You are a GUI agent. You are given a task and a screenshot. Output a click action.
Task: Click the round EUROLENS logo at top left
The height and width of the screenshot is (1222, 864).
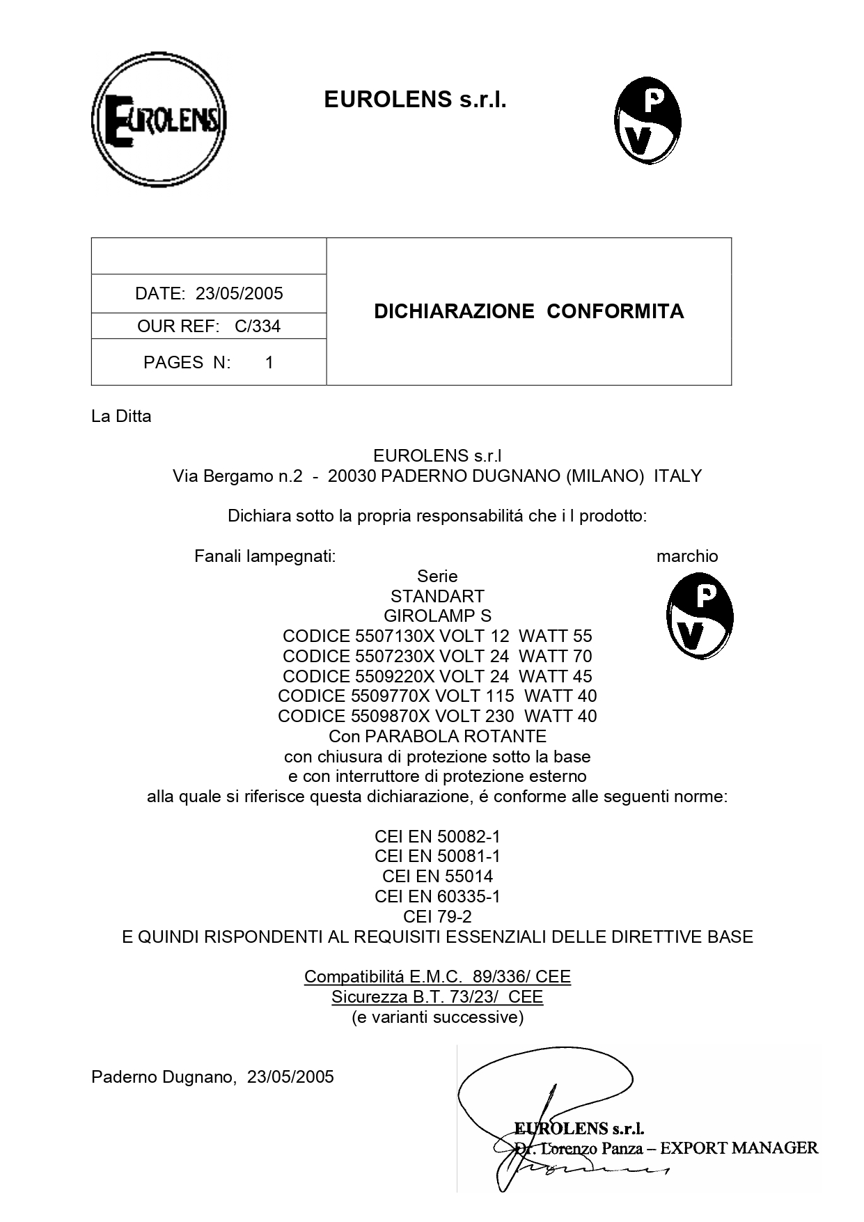pyautogui.click(x=159, y=119)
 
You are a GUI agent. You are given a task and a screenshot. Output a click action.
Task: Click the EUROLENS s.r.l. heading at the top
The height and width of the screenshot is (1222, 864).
pyautogui.click(x=415, y=100)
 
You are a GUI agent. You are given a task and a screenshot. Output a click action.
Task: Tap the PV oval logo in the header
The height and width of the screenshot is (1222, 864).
pyautogui.click(x=647, y=120)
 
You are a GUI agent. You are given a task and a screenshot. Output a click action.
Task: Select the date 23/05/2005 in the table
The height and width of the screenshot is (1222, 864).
pyautogui.click(x=239, y=293)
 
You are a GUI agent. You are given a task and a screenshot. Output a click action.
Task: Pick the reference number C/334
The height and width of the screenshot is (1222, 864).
pyautogui.click(x=258, y=326)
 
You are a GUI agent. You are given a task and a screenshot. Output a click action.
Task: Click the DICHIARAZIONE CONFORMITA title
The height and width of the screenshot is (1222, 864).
pyautogui.click(x=528, y=311)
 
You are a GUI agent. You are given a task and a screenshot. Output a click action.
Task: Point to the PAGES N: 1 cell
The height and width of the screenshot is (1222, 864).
pyautogui.click(x=208, y=362)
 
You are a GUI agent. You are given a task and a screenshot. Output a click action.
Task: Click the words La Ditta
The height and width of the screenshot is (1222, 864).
pyautogui.click(x=121, y=416)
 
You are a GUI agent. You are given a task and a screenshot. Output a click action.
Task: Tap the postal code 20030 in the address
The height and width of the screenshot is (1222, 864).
pyautogui.click(x=352, y=476)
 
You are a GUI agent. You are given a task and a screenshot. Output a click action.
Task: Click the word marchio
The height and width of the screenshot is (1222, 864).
pyautogui.click(x=686, y=556)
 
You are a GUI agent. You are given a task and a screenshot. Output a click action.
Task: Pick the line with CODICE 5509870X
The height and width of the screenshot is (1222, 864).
pyautogui.click(x=437, y=716)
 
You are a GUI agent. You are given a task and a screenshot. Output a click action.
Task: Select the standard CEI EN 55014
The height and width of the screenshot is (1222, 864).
pyautogui.click(x=437, y=876)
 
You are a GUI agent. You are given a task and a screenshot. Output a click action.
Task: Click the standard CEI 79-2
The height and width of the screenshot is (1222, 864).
pyautogui.click(x=437, y=916)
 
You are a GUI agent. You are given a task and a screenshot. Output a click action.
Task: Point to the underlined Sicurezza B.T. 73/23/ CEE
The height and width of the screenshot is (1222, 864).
pyautogui.click(x=437, y=997)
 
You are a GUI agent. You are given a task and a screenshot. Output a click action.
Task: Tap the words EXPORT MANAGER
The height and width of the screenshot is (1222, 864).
pyautogui.click(x=739, y=1147)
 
